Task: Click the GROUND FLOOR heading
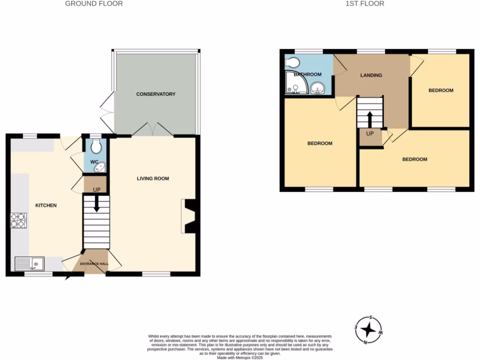[94, 4]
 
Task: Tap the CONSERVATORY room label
[156, 94]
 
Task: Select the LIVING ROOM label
[153, 179]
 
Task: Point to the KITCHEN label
[46, 205]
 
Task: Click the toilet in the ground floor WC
[96, 147]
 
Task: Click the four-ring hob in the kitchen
[19, 220]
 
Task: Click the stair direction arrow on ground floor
[96, 204]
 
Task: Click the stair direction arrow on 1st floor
[370, 119]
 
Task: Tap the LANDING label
[371, 75]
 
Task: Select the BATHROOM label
[307, 75]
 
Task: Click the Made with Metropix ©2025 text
[240, 358]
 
